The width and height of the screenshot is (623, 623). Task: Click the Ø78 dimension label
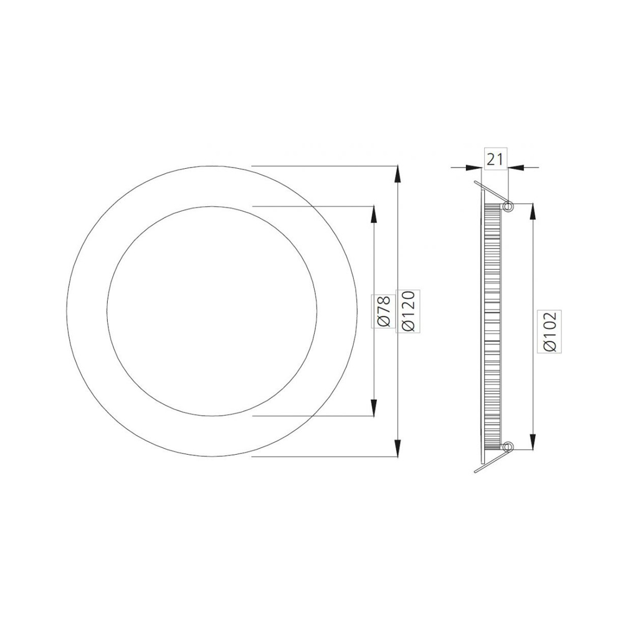(384, 311)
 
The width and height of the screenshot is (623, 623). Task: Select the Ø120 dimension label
(408, 311)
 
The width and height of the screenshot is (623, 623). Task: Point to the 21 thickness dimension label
(495, 159)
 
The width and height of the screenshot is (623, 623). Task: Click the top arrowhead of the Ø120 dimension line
(397, 174)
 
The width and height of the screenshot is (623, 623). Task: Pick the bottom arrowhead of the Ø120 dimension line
(397, 448)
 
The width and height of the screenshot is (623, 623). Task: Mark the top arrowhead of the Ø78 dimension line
(373, 215)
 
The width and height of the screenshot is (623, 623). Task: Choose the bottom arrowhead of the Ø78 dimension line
(373, 407)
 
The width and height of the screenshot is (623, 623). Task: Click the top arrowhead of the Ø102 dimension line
(533, 212)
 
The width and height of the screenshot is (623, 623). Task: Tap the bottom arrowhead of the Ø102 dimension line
(533, 440)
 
